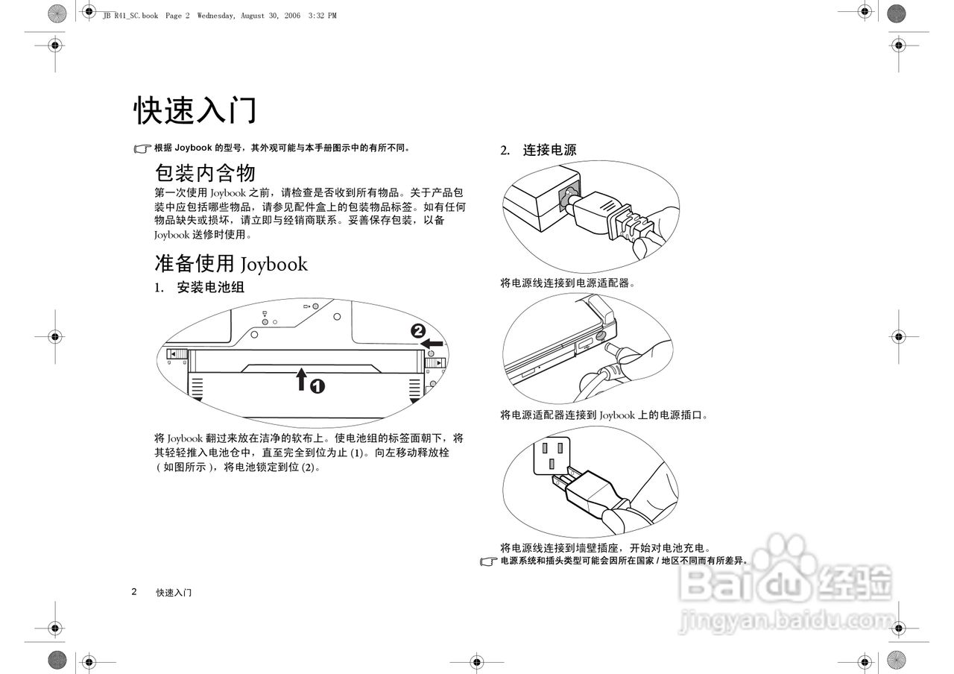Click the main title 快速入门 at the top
(x=195, y=110)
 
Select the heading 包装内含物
(x=205, y=173)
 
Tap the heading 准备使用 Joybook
(x=230, y=263)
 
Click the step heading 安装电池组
(x=210, y=287)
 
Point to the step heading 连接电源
(x=549, y=150)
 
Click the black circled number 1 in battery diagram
(x=318, y=386)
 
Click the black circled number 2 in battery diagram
(x=419, y=330)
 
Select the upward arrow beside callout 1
(x=301, y=379)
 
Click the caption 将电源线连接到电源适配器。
(x=567, y=283)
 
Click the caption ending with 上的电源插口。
(x=604, y=415)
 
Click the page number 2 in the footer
(x=134, y=592)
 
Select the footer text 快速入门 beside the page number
(x=174, y=593)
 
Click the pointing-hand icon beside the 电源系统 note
(x=488, y=561)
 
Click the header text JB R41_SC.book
(x=130, y=16)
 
